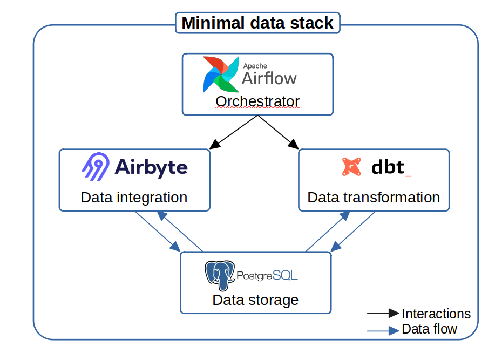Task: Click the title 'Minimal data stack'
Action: coord(257,23)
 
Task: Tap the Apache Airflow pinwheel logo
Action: coord(220,74)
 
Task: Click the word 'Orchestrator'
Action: coord(257,101)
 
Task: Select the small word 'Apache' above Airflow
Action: coord(255,66)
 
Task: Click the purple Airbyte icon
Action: coord(96,166)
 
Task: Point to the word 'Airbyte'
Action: coord(151,167)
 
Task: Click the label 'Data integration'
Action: coord(134,198)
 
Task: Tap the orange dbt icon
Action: coord(351,167)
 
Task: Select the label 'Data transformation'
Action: coord(374,198)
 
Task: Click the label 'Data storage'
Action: coord(255,300)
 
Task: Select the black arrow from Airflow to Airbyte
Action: coord(235,132)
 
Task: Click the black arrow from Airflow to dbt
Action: coord(279,132)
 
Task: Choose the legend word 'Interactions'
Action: coord(436,314)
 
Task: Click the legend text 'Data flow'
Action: coord(430,329)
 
